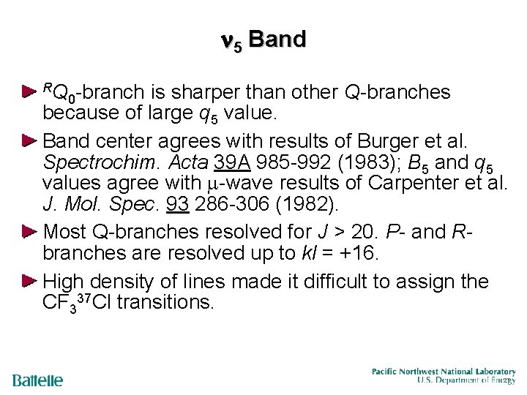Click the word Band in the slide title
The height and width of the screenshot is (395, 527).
click(x=277, y=39)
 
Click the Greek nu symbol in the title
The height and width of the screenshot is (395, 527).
click(x=227, y=41)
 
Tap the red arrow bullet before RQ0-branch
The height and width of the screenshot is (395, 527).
click(x=29, y=92)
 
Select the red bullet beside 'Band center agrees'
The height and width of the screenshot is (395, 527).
click(x=29, y=139)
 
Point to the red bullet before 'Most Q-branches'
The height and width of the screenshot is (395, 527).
click(x=29, y=232)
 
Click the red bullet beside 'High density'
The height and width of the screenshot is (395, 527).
click(x=29, y=281)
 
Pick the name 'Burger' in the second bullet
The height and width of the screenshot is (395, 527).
click(x=364, y=140)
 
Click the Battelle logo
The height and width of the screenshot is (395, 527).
click(x=38, y=380)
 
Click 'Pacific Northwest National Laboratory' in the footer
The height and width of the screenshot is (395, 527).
click(x=443, y=371)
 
